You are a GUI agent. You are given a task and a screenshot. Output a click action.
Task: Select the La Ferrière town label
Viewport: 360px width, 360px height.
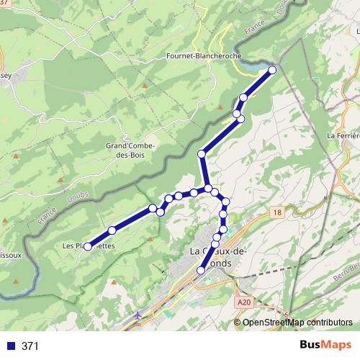(x=343, y=135)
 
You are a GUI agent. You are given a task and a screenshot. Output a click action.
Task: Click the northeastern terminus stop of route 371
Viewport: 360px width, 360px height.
(x=273, y=70)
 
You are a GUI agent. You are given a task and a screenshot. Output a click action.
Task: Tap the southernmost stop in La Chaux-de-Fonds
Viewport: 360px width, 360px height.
(x=201, y=270)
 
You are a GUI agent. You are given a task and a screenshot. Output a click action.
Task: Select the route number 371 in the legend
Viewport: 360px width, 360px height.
(x=30, y=346)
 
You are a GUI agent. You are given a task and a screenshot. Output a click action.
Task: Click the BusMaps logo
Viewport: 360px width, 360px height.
(x=324, y=346)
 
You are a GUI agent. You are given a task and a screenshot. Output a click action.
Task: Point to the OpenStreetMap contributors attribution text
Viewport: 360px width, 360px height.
(x=297, y=322)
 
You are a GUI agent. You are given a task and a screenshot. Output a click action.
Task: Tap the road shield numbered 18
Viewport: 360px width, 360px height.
(x=277, y=212)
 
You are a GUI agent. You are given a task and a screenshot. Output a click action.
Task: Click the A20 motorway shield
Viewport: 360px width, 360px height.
(x=245, y=303)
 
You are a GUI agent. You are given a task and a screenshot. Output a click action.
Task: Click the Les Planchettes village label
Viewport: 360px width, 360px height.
(x=88, y=246)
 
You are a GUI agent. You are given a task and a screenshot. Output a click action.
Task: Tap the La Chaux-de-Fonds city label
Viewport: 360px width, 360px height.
(x=217, y=257)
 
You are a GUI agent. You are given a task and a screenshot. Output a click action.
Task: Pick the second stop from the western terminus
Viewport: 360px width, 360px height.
(x=112, y=230)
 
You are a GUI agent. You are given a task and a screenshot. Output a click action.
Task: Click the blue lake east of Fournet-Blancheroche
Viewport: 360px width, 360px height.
(x=256, y=66)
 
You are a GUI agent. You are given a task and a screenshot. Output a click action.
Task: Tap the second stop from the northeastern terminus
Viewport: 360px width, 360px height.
(x=244, y=97)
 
